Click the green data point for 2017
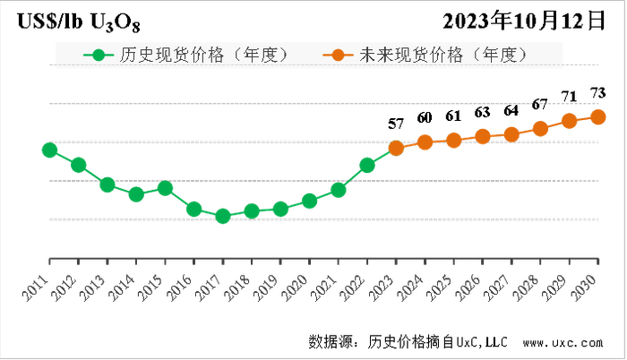point(223,216)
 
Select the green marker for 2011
point(49,150)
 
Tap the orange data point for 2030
point(597,116)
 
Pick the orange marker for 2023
point(396,148)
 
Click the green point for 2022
point(367,165)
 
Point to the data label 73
point(597,92)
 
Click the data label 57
point(396,124)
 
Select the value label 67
point(540,104)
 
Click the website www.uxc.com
point(563,342)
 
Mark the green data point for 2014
point(136,193)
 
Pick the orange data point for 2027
point(511,134)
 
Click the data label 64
point(511,110)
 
